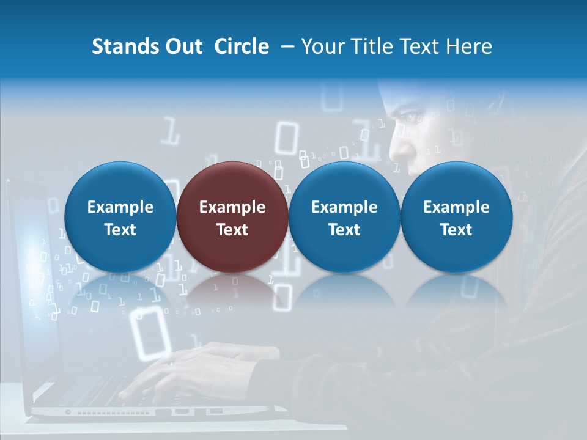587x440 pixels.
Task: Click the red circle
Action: [232, 217]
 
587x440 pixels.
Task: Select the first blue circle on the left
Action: [120, 217]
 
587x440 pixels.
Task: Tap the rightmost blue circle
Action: [456, 217]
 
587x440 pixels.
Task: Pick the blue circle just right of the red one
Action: [344, 217]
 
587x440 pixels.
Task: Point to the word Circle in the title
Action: [242, 46]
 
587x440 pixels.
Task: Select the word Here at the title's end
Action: [469, 46]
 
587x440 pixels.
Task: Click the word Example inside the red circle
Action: [232, 207]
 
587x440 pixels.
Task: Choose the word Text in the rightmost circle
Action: [456, 230]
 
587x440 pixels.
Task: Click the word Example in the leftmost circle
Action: [120, 207]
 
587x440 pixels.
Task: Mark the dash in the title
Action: [285, 47]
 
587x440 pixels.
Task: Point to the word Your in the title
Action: [322, 46]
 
